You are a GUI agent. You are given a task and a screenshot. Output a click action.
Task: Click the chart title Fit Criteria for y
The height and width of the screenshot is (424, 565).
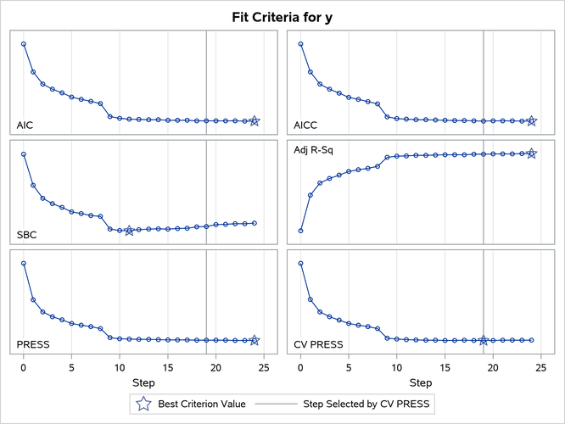pos(282,16)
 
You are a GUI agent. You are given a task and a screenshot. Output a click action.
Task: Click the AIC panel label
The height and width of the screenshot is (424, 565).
pos(25,126)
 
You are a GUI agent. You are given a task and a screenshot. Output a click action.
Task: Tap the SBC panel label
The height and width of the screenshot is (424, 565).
pos(26,234)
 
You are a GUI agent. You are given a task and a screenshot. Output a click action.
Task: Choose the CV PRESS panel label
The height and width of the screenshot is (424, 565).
pos(318,344)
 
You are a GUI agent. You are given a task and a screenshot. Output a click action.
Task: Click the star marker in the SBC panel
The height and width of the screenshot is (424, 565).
pos(129,231)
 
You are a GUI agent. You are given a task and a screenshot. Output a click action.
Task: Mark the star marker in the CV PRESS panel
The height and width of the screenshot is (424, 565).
pos(484,340)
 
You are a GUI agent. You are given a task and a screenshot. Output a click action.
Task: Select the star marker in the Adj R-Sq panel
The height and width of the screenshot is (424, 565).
pos(532,153)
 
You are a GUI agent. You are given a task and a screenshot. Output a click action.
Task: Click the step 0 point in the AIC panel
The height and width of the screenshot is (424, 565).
pos(24,44)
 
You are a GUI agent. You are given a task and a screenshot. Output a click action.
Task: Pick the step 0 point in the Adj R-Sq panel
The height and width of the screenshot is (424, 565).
pos(300,231)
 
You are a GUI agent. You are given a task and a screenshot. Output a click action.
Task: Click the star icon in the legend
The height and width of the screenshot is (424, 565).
pos(144,404)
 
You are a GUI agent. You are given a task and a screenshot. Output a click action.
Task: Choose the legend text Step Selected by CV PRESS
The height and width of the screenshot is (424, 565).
pos(367,404)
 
